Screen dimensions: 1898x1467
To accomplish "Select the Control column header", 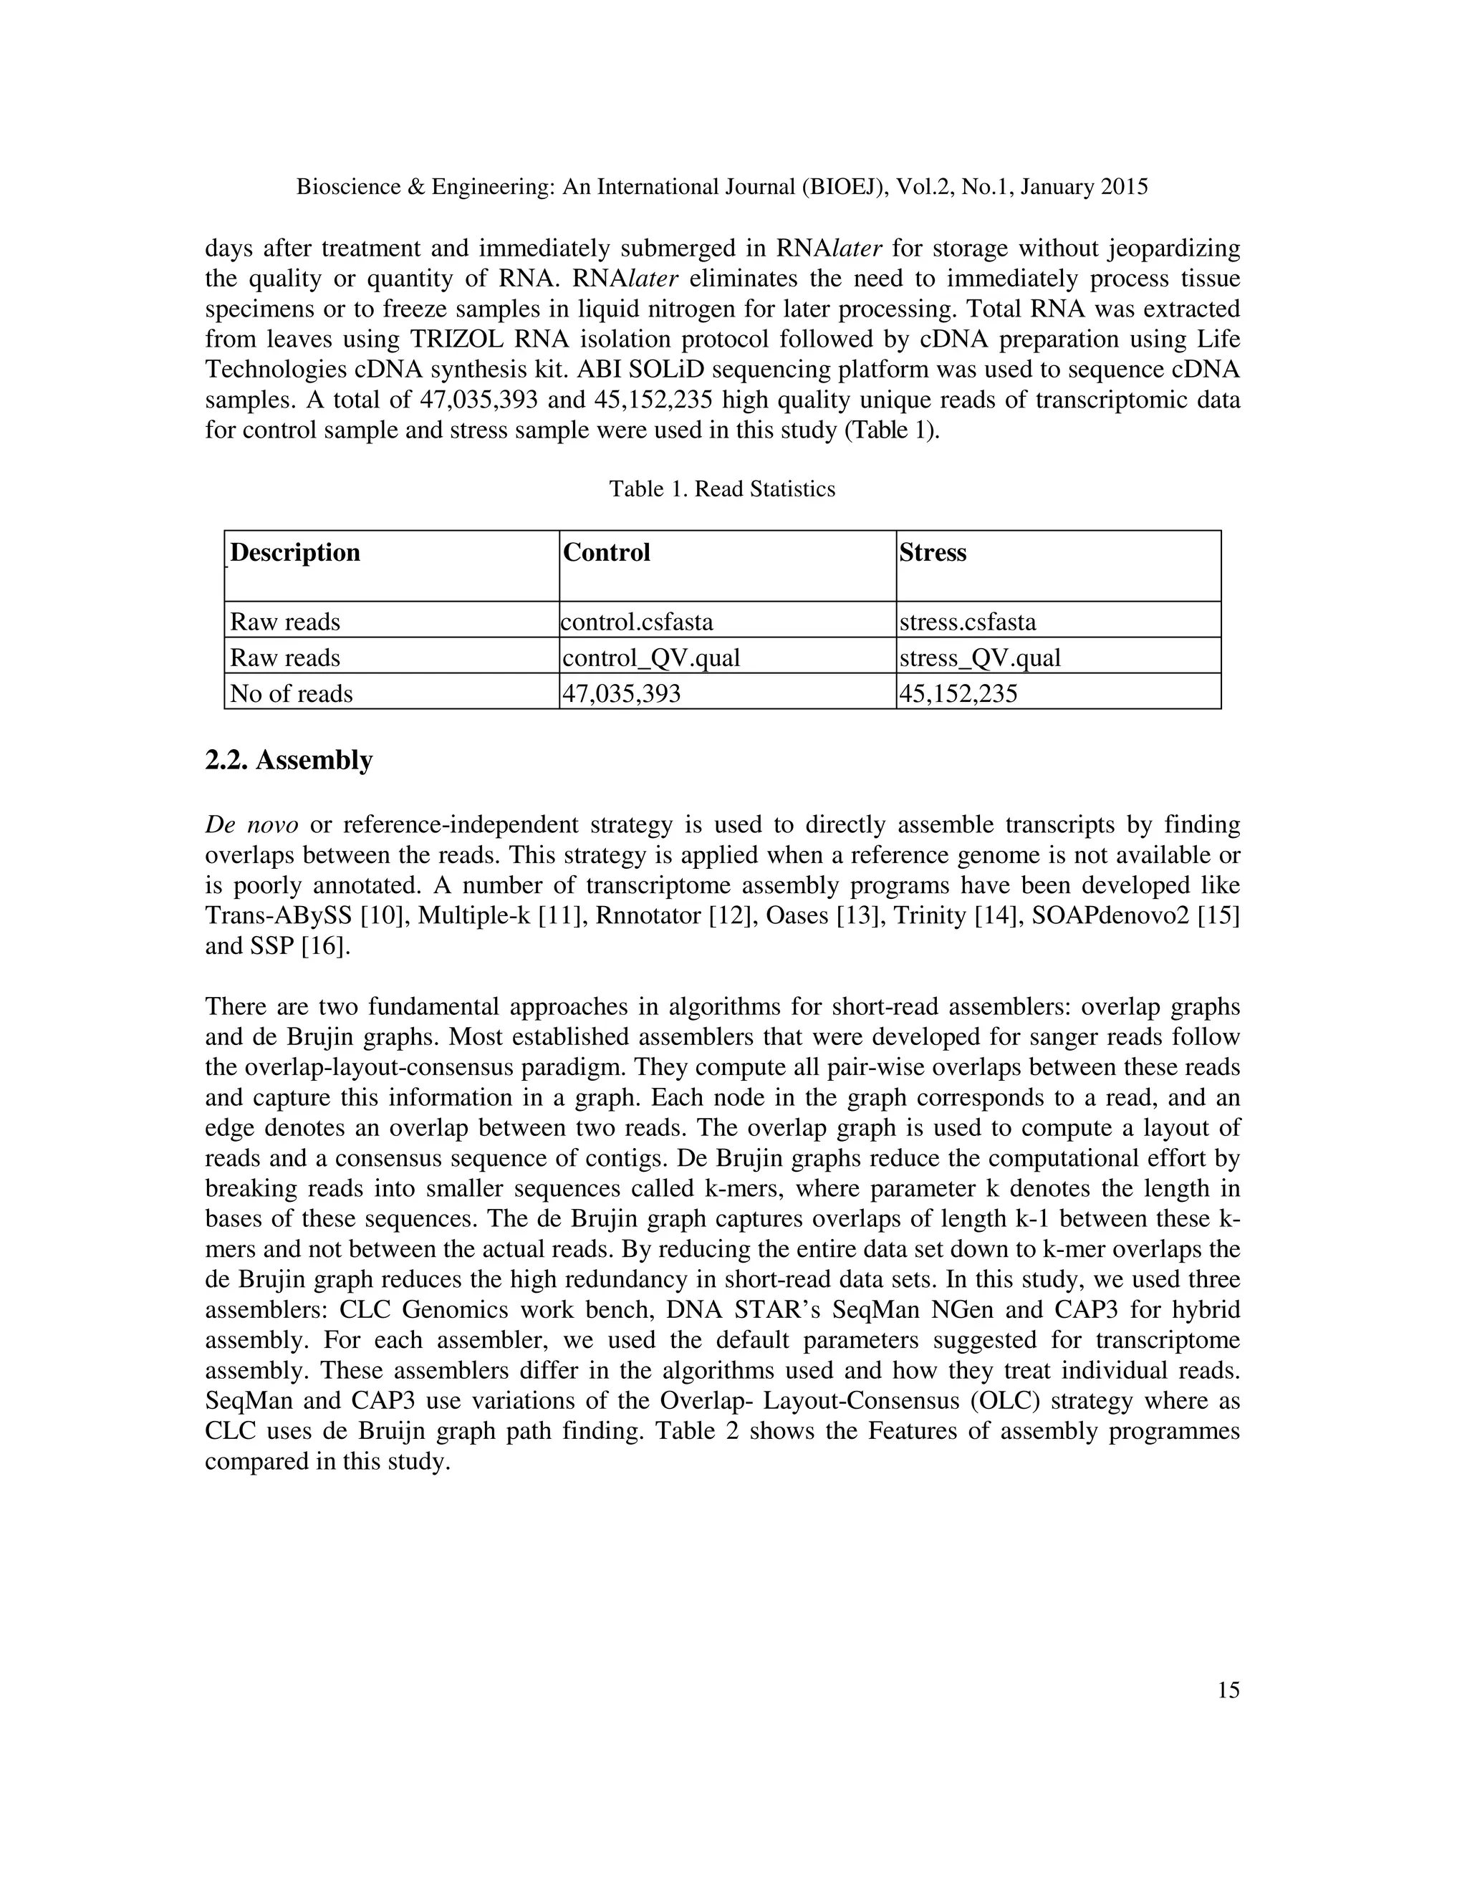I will click(607, 553).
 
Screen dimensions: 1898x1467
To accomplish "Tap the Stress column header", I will click(933, 553).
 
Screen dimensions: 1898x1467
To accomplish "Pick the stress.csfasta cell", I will click(967, 622).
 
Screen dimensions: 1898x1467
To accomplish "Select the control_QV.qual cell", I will click(652, 658).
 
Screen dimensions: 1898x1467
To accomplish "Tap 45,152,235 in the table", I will click(958, 693).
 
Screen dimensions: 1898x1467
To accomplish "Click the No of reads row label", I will click(291, 693).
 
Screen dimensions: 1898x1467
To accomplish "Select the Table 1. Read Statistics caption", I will click(721, 489).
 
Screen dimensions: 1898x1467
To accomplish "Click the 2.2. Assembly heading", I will click(289, 761).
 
